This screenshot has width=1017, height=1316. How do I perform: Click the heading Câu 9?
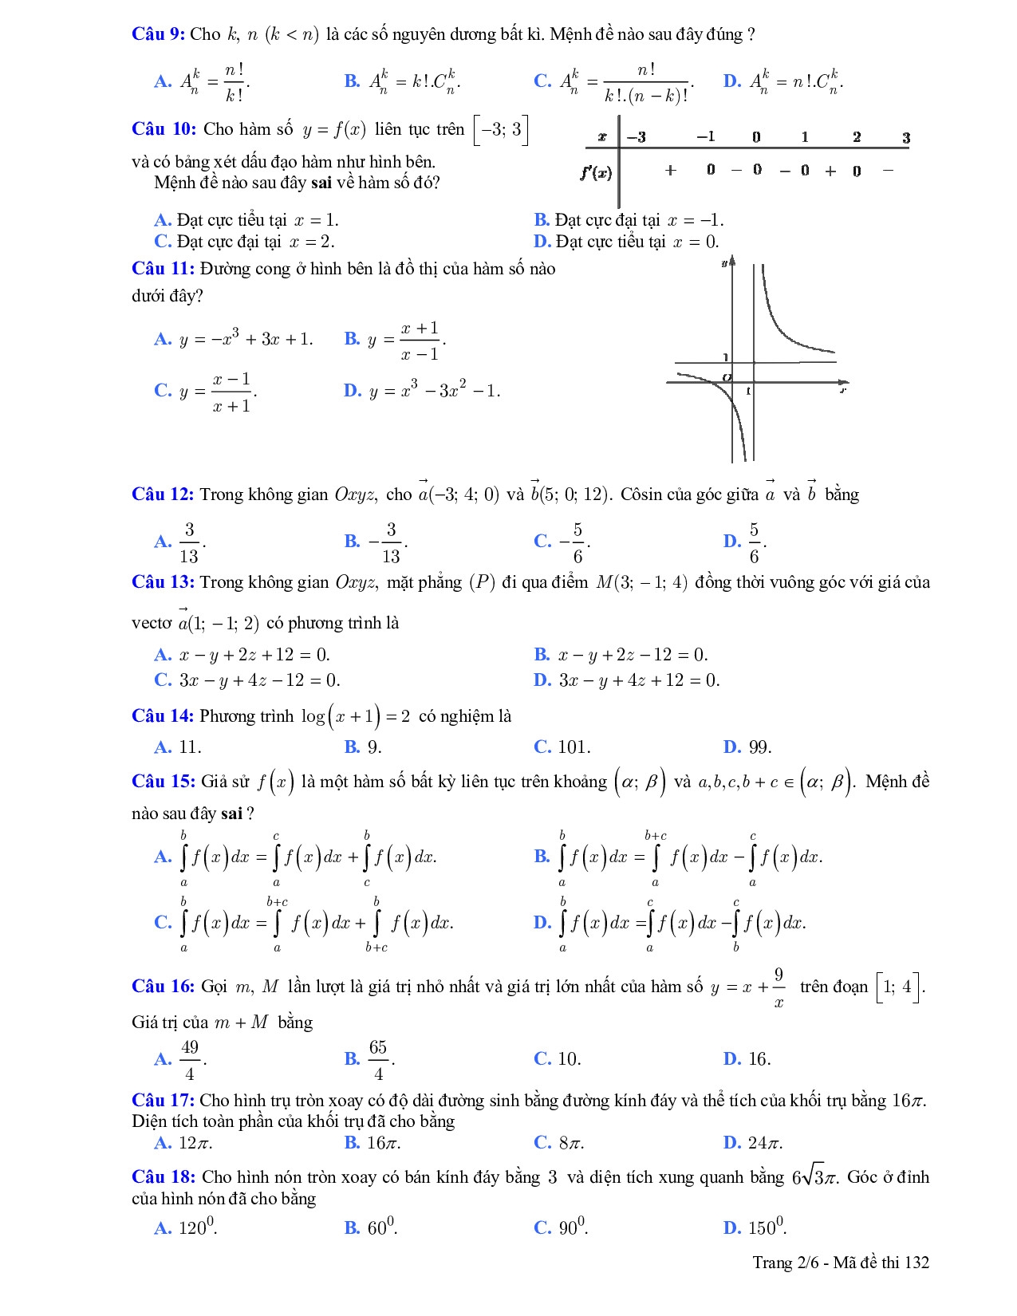158,34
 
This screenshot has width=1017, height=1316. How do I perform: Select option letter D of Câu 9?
731,81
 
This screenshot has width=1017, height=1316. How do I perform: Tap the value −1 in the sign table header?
705,137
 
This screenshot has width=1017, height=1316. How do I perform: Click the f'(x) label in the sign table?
597,171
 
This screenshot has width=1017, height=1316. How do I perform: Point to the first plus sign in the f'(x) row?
670,170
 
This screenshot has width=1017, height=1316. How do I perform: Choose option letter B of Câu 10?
542,220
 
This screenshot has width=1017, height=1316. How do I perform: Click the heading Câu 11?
163,269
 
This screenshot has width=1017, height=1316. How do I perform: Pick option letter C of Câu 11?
163,390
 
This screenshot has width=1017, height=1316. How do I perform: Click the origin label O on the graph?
726,377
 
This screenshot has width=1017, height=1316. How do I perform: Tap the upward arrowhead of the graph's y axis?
732,261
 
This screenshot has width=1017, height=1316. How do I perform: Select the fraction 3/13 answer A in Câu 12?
189,542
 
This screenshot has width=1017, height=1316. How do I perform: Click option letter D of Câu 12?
731,542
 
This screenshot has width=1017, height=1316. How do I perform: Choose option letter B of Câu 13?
542,655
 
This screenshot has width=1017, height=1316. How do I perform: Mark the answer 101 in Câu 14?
574,747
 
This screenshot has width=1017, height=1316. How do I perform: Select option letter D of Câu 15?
542,923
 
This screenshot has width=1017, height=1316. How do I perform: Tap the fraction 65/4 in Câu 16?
378,1060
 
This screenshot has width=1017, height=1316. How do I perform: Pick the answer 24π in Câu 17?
765,1143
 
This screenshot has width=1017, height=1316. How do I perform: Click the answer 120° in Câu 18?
197,1227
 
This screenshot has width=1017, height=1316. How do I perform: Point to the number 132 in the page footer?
917,1262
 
